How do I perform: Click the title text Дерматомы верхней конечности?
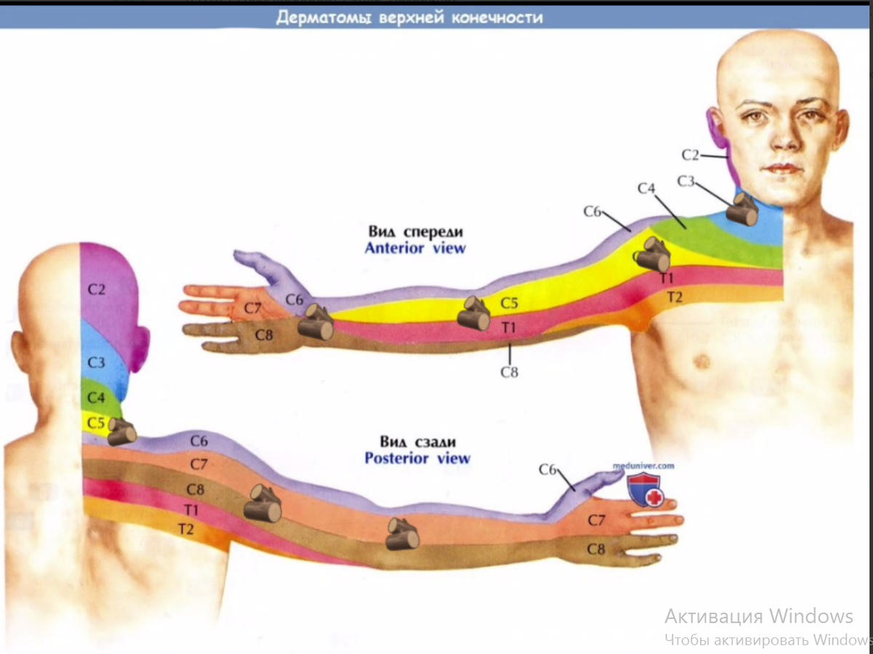(x=409, y=17)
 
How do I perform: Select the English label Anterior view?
(x=415, y=248)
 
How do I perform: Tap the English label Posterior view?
(x=417, y=459)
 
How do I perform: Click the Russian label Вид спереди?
(x=415, y=232)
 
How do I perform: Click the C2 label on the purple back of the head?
(x=97, y=290)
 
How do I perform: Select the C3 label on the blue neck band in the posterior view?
(x=97, y=362)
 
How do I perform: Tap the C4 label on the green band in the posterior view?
(x=96, y=398)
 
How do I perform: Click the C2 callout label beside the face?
(x=690, y=155)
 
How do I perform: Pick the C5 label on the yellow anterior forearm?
(x=509, y=303)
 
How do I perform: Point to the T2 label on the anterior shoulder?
(x=674, y=296)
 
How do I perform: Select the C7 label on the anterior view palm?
(x=252, y=308)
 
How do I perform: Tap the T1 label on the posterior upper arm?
(x=192, y=510)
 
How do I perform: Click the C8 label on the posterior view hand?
(x=596, y=550)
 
